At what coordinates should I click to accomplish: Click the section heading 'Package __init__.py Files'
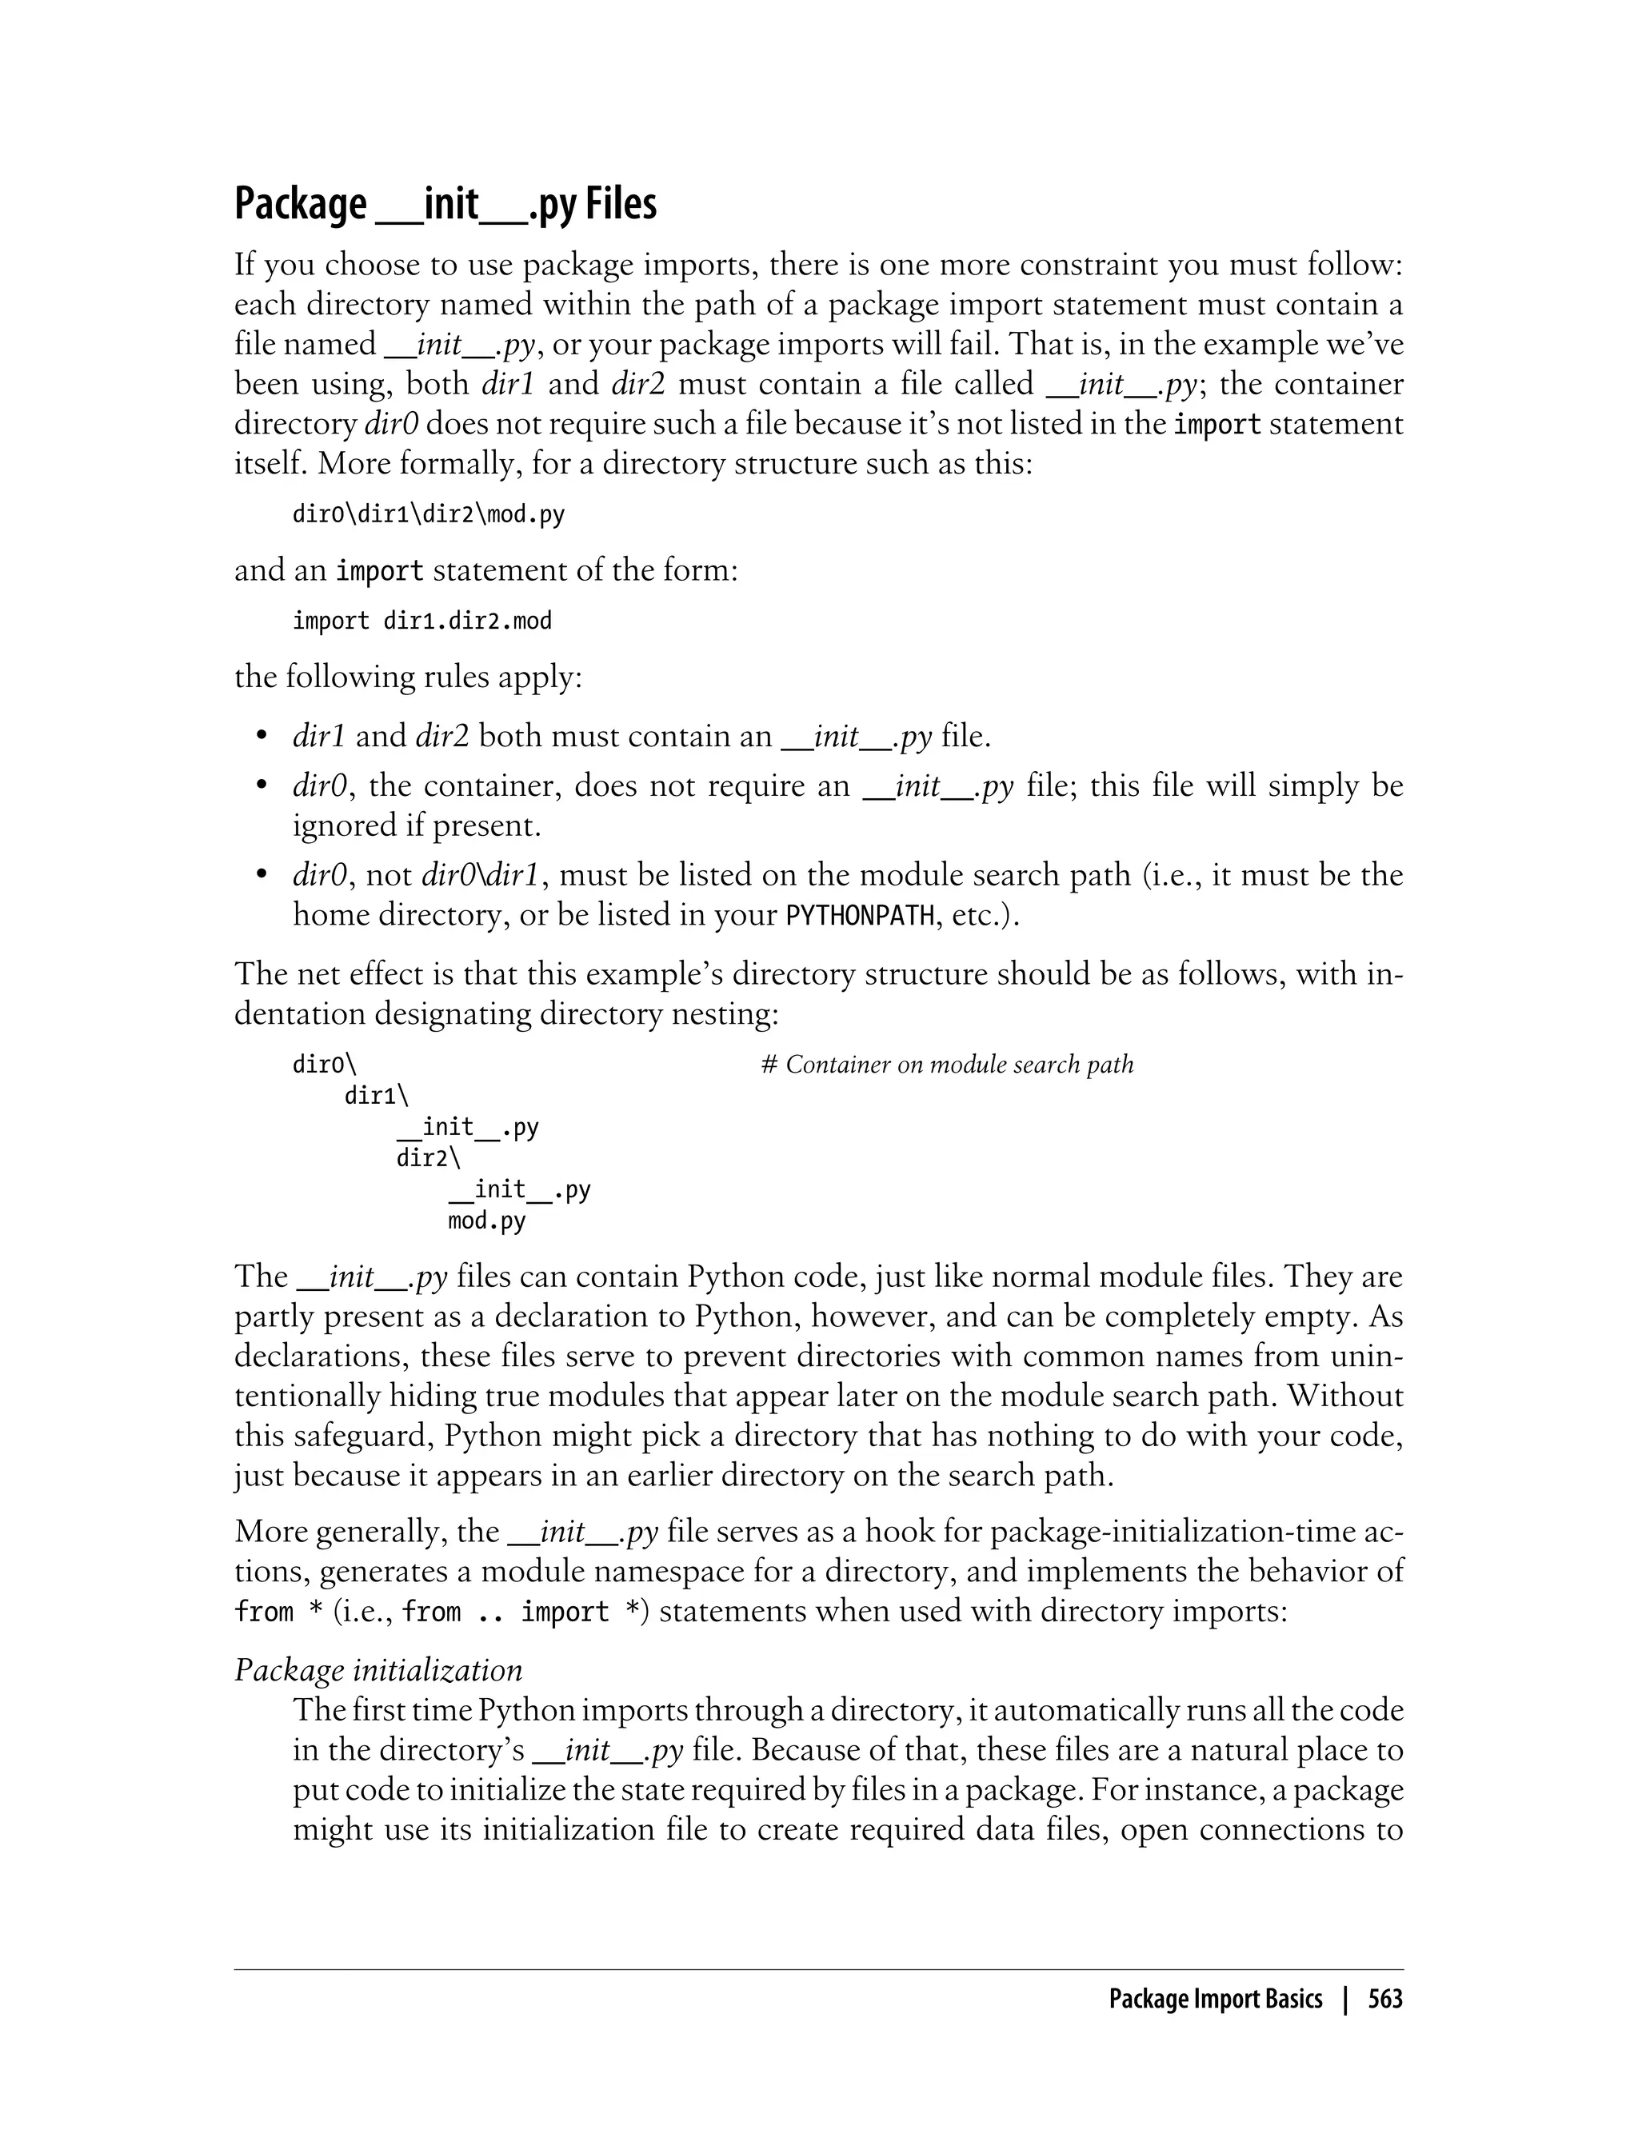(445, 204)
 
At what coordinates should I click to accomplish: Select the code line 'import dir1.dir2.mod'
(421, 621)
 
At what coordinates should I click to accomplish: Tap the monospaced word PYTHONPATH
(860, 916)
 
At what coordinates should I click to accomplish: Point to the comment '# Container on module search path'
(947, 1064)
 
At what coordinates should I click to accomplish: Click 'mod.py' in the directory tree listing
(486, 1221)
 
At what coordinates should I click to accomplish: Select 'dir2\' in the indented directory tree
(428, 1157)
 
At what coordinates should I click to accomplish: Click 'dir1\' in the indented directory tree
(377, 1095)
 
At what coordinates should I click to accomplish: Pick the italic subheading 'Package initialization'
(378, 1670)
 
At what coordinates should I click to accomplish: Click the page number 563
(1384, 1999)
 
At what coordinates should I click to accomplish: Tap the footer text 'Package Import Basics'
(1215, 1999)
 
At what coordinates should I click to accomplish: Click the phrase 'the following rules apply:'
(408, 676)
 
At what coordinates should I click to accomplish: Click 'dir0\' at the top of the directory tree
(324, 1064)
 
